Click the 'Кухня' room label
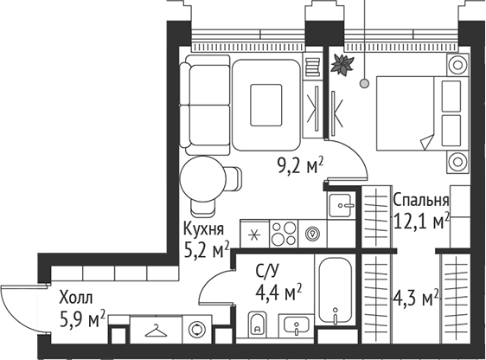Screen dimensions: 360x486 pos(204,229)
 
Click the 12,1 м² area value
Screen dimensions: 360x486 pos(421,222)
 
